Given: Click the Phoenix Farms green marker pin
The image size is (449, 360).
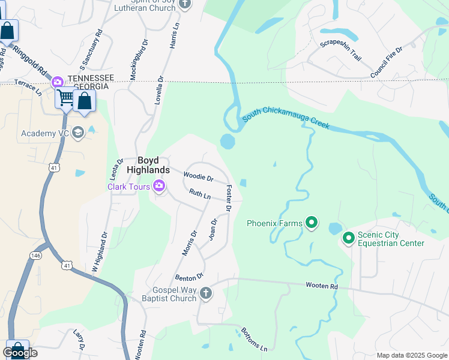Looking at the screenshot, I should pyautogui.click(x=311, y=223).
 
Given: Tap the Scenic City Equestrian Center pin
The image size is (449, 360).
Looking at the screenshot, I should pyautogui.click(x=348, y=238).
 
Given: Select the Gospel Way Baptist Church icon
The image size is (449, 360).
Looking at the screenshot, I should pyautogui.click(x=205, y=293).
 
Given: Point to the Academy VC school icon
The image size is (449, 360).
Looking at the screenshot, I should pyautogui.click(x=77, y=133).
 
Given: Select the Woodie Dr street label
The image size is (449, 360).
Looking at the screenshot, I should pyautogui.click(x=199, y=178).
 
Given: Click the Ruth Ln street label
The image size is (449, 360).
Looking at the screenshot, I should pyautogui.click(x=199, y=194).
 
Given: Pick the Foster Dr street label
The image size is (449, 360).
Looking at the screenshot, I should pyautogui.click(x=228, y=198).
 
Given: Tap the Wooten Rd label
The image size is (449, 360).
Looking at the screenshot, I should pyautogui.click(x=322, y=286).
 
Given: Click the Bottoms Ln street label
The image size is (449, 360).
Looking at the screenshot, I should pyautogui.click(x=254, y=340).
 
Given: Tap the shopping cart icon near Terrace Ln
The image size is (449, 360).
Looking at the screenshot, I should pyautogui.click(x=65, y=97).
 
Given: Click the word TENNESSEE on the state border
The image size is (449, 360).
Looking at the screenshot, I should pyautogui.click(x=91, y=78).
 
